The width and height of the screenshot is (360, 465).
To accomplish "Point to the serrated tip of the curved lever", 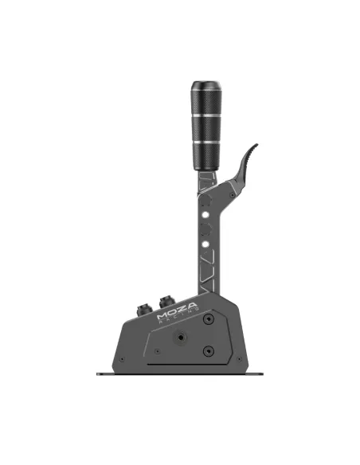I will [x=252, y=150].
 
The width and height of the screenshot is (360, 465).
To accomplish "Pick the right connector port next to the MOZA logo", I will [x=168, y=301].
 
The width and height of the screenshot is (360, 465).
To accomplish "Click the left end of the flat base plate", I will [x=100, y=373].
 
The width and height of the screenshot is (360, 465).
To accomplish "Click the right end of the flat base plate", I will [x=265, y=373].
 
